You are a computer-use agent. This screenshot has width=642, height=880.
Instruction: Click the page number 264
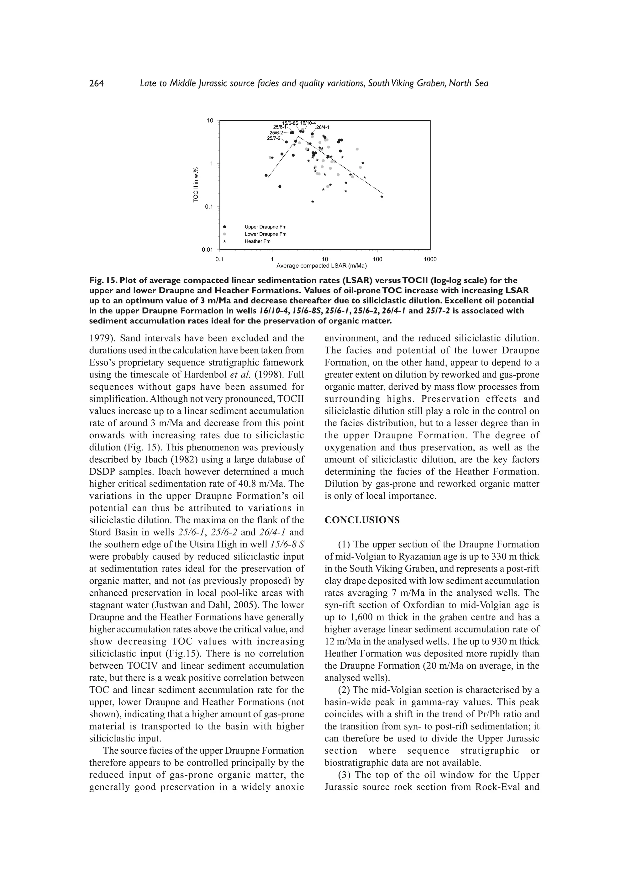point(96,84)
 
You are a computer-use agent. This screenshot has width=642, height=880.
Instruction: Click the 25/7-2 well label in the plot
point(274,138)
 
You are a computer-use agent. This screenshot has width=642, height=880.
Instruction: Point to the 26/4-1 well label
point(323,127)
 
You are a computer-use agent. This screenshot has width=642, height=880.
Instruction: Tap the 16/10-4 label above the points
point(308,123)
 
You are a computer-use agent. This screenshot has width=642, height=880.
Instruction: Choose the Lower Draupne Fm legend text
point(266,234)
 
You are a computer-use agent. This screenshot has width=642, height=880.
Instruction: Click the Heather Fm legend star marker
point(225,241)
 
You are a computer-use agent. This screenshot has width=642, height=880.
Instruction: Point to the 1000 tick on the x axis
point(430,259)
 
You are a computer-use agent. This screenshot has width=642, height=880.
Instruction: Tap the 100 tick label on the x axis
point(377,259)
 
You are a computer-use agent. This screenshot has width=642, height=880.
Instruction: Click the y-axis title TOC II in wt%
point(196,185)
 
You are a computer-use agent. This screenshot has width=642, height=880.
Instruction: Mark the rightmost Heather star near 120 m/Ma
point(382,197)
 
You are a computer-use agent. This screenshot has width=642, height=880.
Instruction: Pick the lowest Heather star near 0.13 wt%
point(313,202)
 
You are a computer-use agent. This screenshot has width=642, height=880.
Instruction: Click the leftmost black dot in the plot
point(266,175)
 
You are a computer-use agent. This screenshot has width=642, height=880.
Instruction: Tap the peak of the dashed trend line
point(298,137)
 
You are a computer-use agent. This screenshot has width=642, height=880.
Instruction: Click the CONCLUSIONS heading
point(362,520)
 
